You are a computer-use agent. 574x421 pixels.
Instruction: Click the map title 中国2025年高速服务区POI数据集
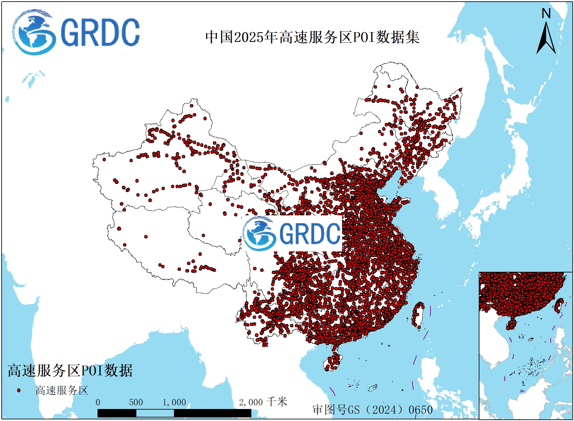click(312, 37)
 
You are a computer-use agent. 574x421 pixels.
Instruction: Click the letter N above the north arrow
click(546, 14)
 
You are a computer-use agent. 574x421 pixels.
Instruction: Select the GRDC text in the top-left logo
click(100, 33)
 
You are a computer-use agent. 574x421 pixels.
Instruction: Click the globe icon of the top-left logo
click(33, 32)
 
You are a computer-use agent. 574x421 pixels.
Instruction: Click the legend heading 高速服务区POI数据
click(70, 371)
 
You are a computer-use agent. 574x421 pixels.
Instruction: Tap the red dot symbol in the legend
click(19, 390)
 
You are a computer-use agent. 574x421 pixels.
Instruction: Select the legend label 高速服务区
click(62, 390)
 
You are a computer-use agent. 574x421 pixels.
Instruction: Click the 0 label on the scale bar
click(98, 403)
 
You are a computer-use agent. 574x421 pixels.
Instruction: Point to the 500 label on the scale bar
click(136, 403)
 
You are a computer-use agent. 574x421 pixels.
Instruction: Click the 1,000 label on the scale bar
click(174, 403)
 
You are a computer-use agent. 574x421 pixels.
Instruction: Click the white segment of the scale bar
click(155, 413)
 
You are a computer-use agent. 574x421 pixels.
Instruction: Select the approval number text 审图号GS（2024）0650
click(373, 410)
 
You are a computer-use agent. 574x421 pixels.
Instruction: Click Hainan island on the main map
click(333, 362)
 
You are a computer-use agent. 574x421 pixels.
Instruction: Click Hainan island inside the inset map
click(511, 324)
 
